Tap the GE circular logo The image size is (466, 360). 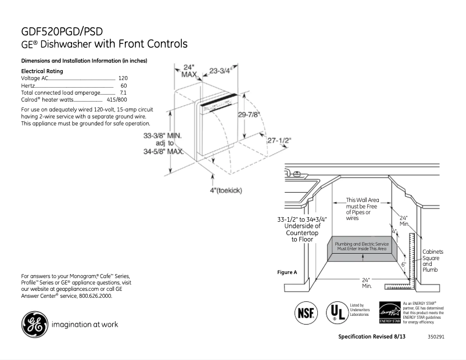[x=34, y=324]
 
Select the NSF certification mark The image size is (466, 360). [x=306, y=312]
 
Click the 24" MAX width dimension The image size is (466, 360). [x=189, y=71]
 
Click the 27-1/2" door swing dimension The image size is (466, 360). [x=279, y=141]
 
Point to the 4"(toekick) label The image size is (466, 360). [x=226, y=190]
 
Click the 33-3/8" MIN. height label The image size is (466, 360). [x=163, y=135]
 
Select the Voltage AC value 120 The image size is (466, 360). [x=123, y=78]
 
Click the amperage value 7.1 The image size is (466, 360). [x=123, y=92]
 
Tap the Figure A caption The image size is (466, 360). [x=288, y=272]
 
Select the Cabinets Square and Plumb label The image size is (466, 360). [x=432, y=261]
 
